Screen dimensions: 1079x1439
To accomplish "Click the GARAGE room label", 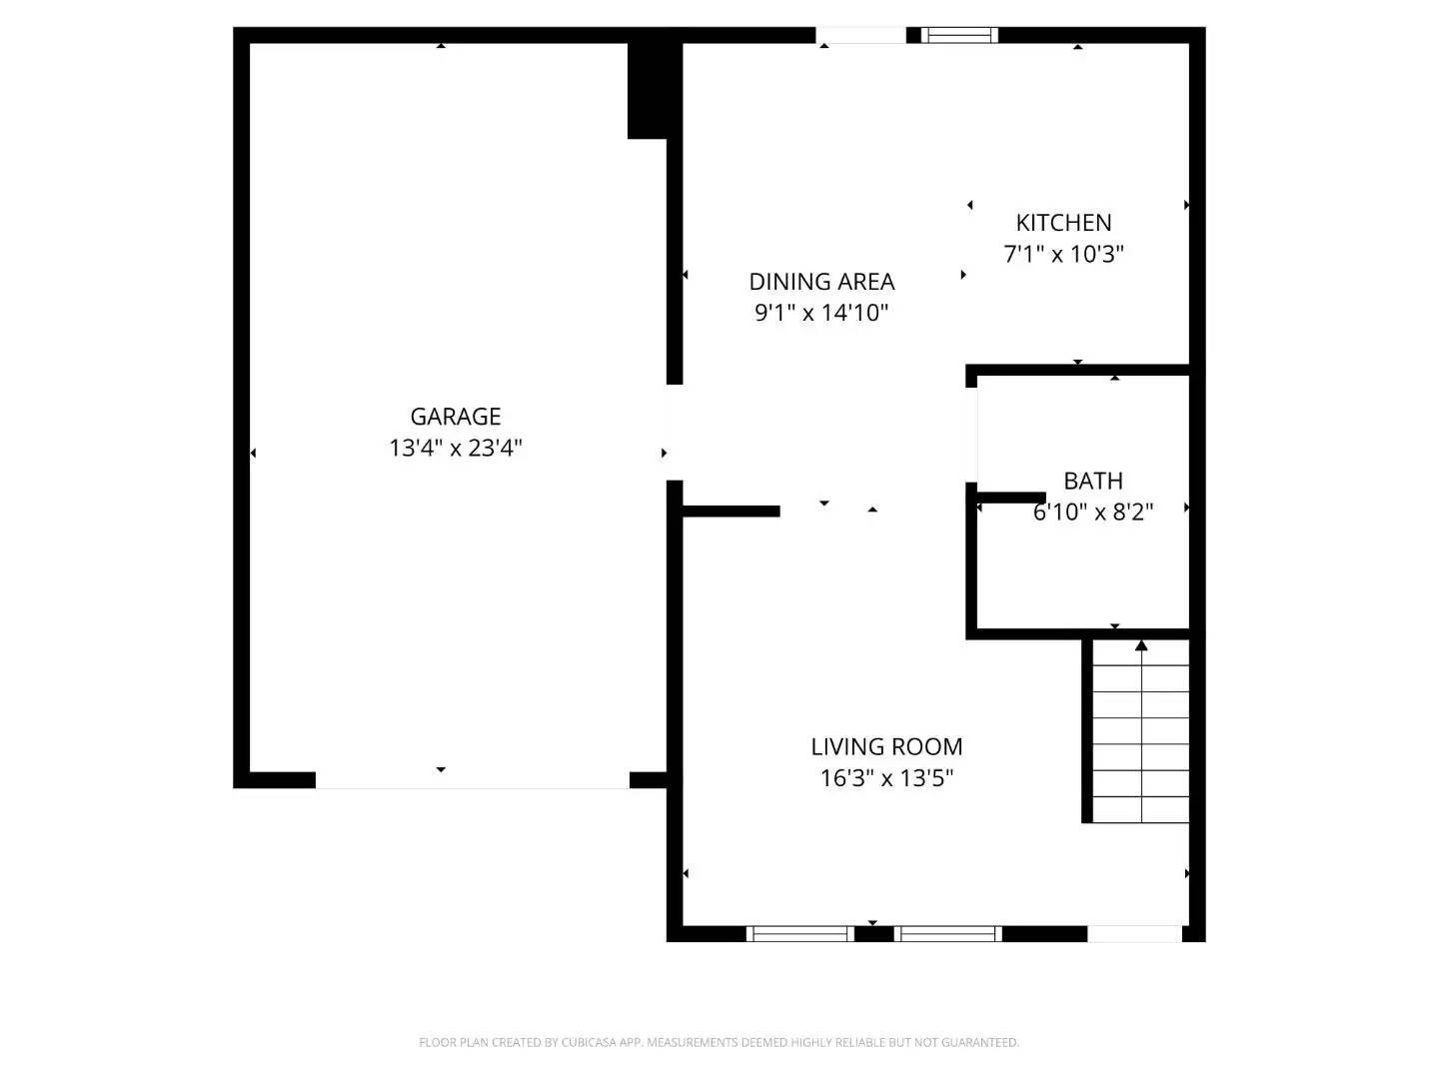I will (456, 417).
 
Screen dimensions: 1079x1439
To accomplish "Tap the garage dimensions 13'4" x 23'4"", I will (456, 448).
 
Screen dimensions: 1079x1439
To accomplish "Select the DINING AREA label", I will (821, 282).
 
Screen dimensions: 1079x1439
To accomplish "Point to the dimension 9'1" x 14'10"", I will (821, 313).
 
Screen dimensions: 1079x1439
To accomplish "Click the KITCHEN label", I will (1063, 223).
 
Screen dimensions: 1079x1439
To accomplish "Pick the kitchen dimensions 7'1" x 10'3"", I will (1063, 254).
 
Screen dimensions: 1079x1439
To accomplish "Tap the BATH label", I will (1093, 481).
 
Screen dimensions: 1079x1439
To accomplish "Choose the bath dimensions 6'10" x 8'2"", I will (1093, 513).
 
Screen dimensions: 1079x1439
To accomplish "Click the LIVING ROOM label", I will (886, 746).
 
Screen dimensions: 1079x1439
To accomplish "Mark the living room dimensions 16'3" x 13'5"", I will (886, 777).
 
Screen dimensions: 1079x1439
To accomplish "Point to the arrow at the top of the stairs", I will (1141, 646).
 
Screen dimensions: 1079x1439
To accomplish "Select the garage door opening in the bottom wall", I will (473, 780).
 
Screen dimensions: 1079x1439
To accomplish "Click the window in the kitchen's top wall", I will (959, 35).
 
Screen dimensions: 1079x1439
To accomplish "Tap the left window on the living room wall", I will (799, 934).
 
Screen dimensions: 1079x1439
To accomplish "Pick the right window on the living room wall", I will (947, 934).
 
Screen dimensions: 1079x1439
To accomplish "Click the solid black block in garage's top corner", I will (648, 90).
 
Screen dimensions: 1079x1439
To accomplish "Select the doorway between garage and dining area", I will (675, 433).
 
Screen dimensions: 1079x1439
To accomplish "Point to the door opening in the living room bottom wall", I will (1134, 934).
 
